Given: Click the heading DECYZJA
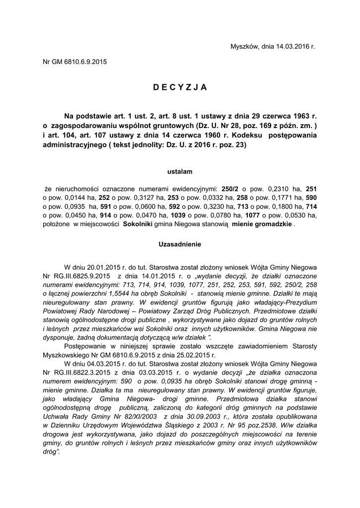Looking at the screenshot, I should [x=180, y=88].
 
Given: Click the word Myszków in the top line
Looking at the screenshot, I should [x=243, y=47].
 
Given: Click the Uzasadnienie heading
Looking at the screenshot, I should [x=180, y=245].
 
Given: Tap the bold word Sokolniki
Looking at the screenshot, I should [x=138, y=224].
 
